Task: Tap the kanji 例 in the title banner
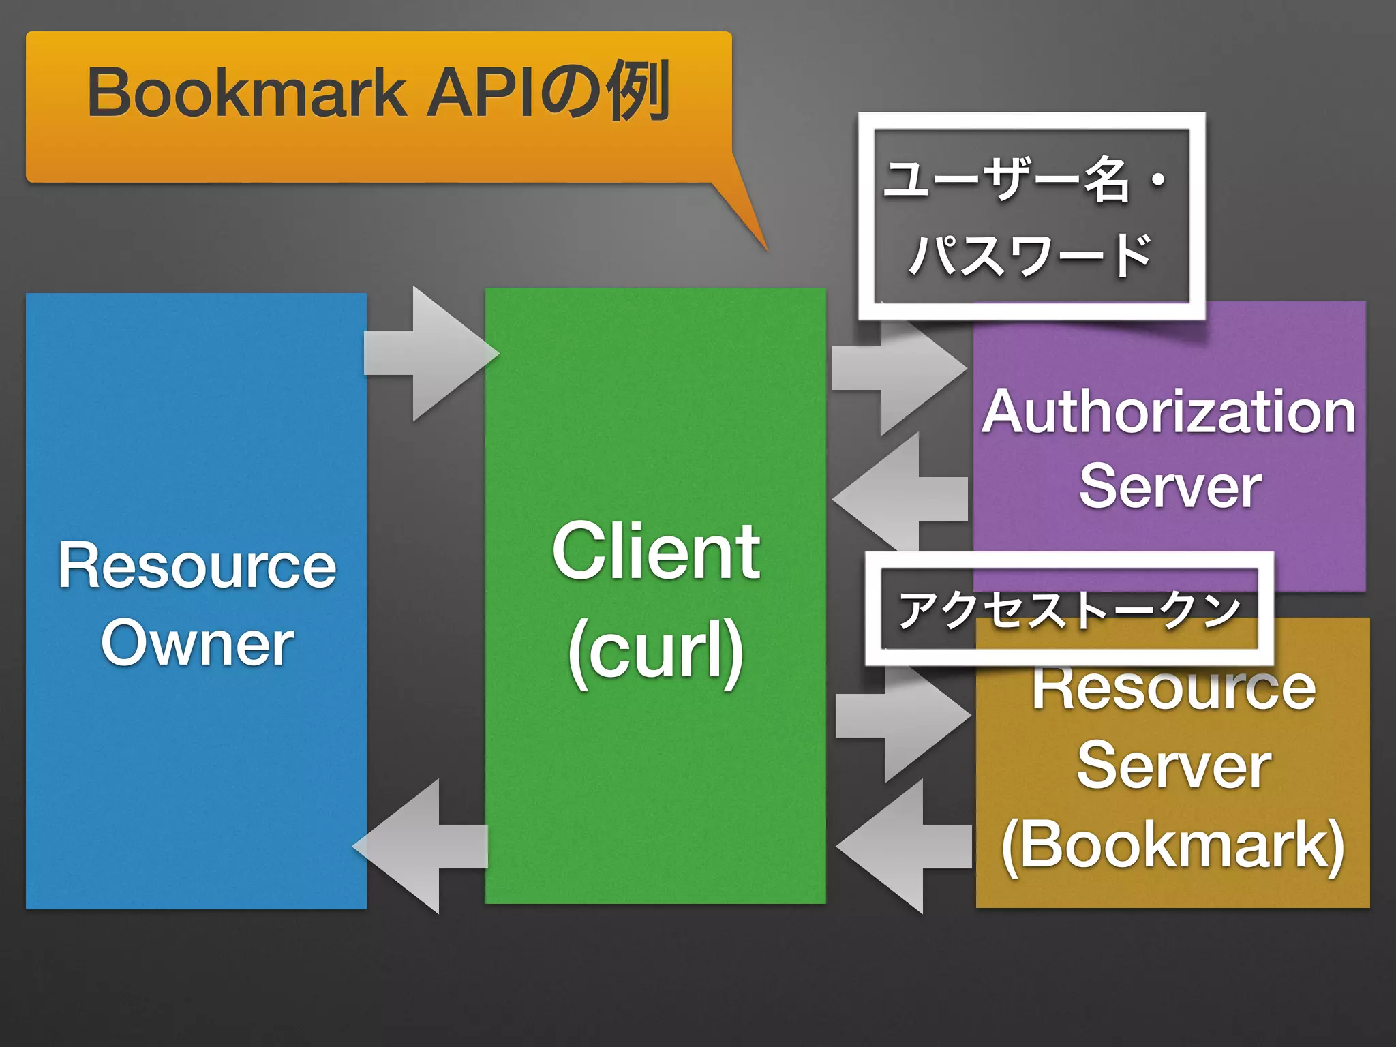pyautogui.click(x=637, y=91)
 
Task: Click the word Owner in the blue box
pyautogui.click(x=197, y=643)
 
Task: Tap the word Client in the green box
pyautogui.click(x=656, y=551)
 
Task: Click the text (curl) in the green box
pyautogui.click(x=656, y=650)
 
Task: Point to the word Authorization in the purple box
pyautogui.click(x=1168, y=412)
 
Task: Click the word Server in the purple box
pyautogui.click(x=1170, y=486)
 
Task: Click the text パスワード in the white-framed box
pyautogui.click(x=1029, y=255)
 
